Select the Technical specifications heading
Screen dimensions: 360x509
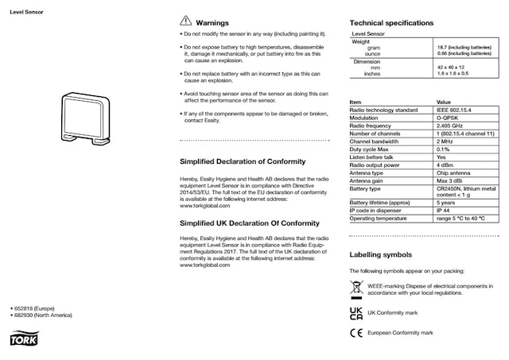pyautogui.click(x=392, y=23)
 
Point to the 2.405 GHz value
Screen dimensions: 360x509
pyautogui.click(x=453, y=126)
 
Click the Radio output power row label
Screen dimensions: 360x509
pyautogui.click(x=377, y=165)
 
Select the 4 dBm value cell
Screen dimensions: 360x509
pyautogui.click(x=446, y=165)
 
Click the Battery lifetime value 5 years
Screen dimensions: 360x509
pyautogui.click(x=447, y=203)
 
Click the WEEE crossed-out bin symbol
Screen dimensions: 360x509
pyautogui.click(x=356, y=288)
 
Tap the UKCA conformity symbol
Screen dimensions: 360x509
pyautogui.click(x=356, y=312)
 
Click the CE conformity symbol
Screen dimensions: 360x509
pyautogui.click(x=356, y=333)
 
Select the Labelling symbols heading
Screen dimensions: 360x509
pyautogui.click(x=381, y=255)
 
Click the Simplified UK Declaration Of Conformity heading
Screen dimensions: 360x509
pyautogui.click(x=250, y=223)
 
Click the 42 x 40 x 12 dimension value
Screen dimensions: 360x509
pyautogui.click(x=451, y=68)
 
